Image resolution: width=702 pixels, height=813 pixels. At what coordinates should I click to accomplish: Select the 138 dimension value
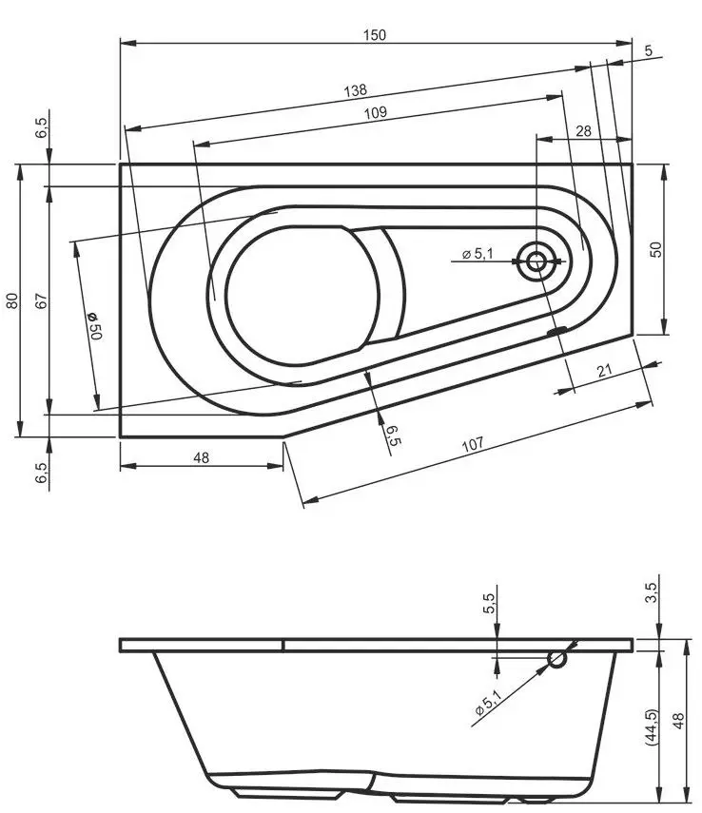pyautogui.click(x=355, y=91)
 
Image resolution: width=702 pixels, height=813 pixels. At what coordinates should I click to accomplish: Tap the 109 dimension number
pyautogui.click(x=375, y=113)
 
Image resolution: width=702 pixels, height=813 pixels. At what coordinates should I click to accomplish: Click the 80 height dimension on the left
pyautogui.click(x=11, y=300)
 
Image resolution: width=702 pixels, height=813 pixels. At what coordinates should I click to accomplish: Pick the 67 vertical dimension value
pyautogui.click(x=41, y=300)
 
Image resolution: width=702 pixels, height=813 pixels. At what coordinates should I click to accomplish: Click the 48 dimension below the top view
pyautogui.click(x=201, y=457)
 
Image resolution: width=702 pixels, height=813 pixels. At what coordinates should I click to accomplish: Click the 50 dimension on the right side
pyautogui.click(x=655, y=249)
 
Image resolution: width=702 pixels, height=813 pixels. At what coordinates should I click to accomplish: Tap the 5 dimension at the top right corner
pyautogui.click(x=648, y=52)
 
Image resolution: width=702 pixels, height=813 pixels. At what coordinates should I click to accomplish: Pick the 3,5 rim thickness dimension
pyautogui.click(x=652, y=592)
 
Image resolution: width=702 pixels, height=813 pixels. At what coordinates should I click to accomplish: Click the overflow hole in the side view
pyautogui.click(x=557, y=658)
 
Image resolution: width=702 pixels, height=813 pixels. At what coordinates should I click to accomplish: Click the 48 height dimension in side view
pyautogui.click(x=677, y=722)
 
